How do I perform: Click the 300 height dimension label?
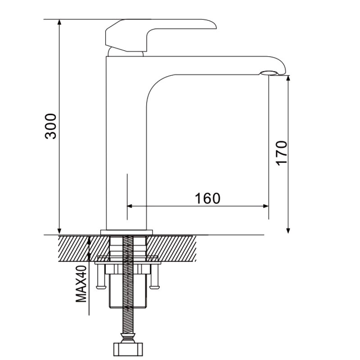click(50, 126)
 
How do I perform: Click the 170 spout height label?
click(282, 153)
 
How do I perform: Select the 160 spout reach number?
click(207, 198)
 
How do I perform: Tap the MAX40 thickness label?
click(81, 284)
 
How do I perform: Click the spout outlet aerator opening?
click(269, 73)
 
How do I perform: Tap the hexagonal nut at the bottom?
click(128, 350)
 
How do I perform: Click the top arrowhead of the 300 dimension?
click(59, 22)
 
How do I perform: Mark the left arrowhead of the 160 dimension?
click(130, 206)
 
